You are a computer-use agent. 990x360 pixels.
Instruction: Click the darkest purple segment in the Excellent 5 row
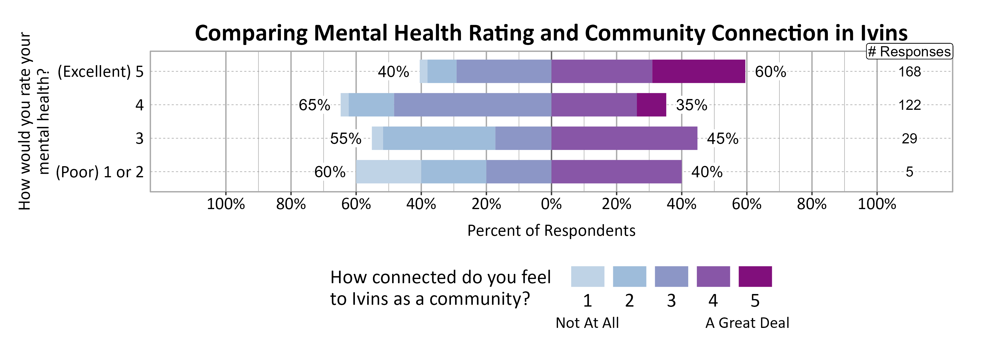[x=698, y=71]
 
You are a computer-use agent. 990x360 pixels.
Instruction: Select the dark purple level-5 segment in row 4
[x=651, y=105]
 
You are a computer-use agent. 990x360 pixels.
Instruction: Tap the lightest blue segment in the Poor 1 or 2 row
[x=388, y=172]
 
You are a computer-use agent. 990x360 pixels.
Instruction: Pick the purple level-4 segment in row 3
[x=624, y=138]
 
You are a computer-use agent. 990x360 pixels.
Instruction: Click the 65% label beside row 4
[x=314, y=105]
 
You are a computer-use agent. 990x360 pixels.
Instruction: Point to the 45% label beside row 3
[x=722, y=139]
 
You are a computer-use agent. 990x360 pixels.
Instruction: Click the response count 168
[x=909, y=72]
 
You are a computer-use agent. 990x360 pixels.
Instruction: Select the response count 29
[x=909, y=139]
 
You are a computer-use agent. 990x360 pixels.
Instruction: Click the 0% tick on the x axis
[x=551, y=204]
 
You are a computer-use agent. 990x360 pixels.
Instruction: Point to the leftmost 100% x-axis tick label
[x=226, y=204]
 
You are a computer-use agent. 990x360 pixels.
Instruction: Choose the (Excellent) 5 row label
[x=100, y=72]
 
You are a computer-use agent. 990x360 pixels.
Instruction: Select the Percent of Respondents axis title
[x=551, y=230]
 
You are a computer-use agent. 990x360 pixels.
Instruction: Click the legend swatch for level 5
[x=755, y=276]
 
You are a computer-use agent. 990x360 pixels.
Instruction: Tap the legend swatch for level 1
[x=587, y=276]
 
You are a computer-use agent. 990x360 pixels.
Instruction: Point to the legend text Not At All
[x=587, y=323]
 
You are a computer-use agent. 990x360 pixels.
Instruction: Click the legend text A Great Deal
[x=747, y=323]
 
